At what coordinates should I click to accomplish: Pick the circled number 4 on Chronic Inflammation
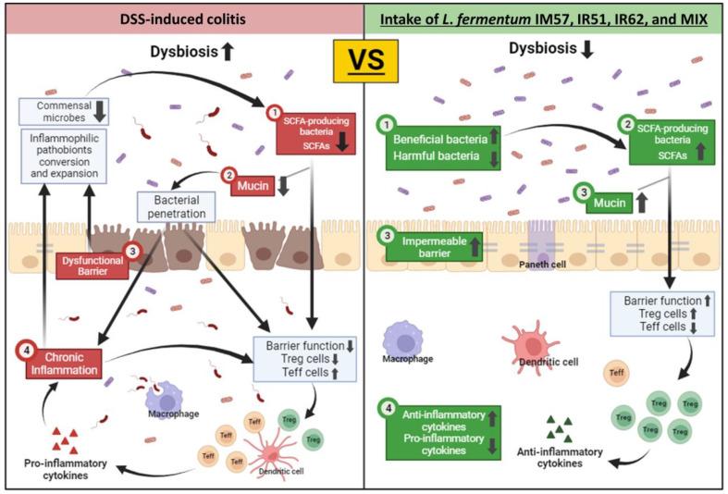tap(27, 350)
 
